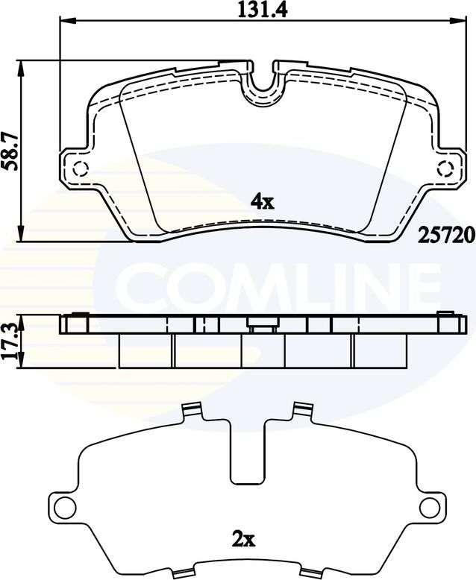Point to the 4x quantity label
point(263,201)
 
